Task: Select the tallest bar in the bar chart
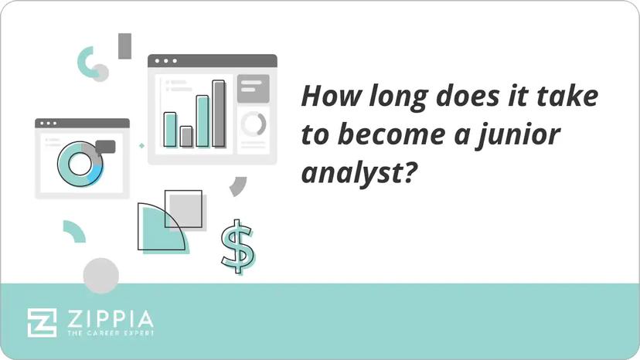click(x=219, y=114)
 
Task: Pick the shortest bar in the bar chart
click(x=186, y=137)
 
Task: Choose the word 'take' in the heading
click(x=574, y=98)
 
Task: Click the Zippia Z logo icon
click(x=42, y=322)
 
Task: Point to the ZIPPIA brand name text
click(x=109, y=318)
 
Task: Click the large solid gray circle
click(x=101, y=276)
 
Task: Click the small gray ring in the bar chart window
click(x=253, y=124)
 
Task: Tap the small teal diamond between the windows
click(x=141, y=144)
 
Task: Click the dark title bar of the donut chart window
click(x=82, y=123)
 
